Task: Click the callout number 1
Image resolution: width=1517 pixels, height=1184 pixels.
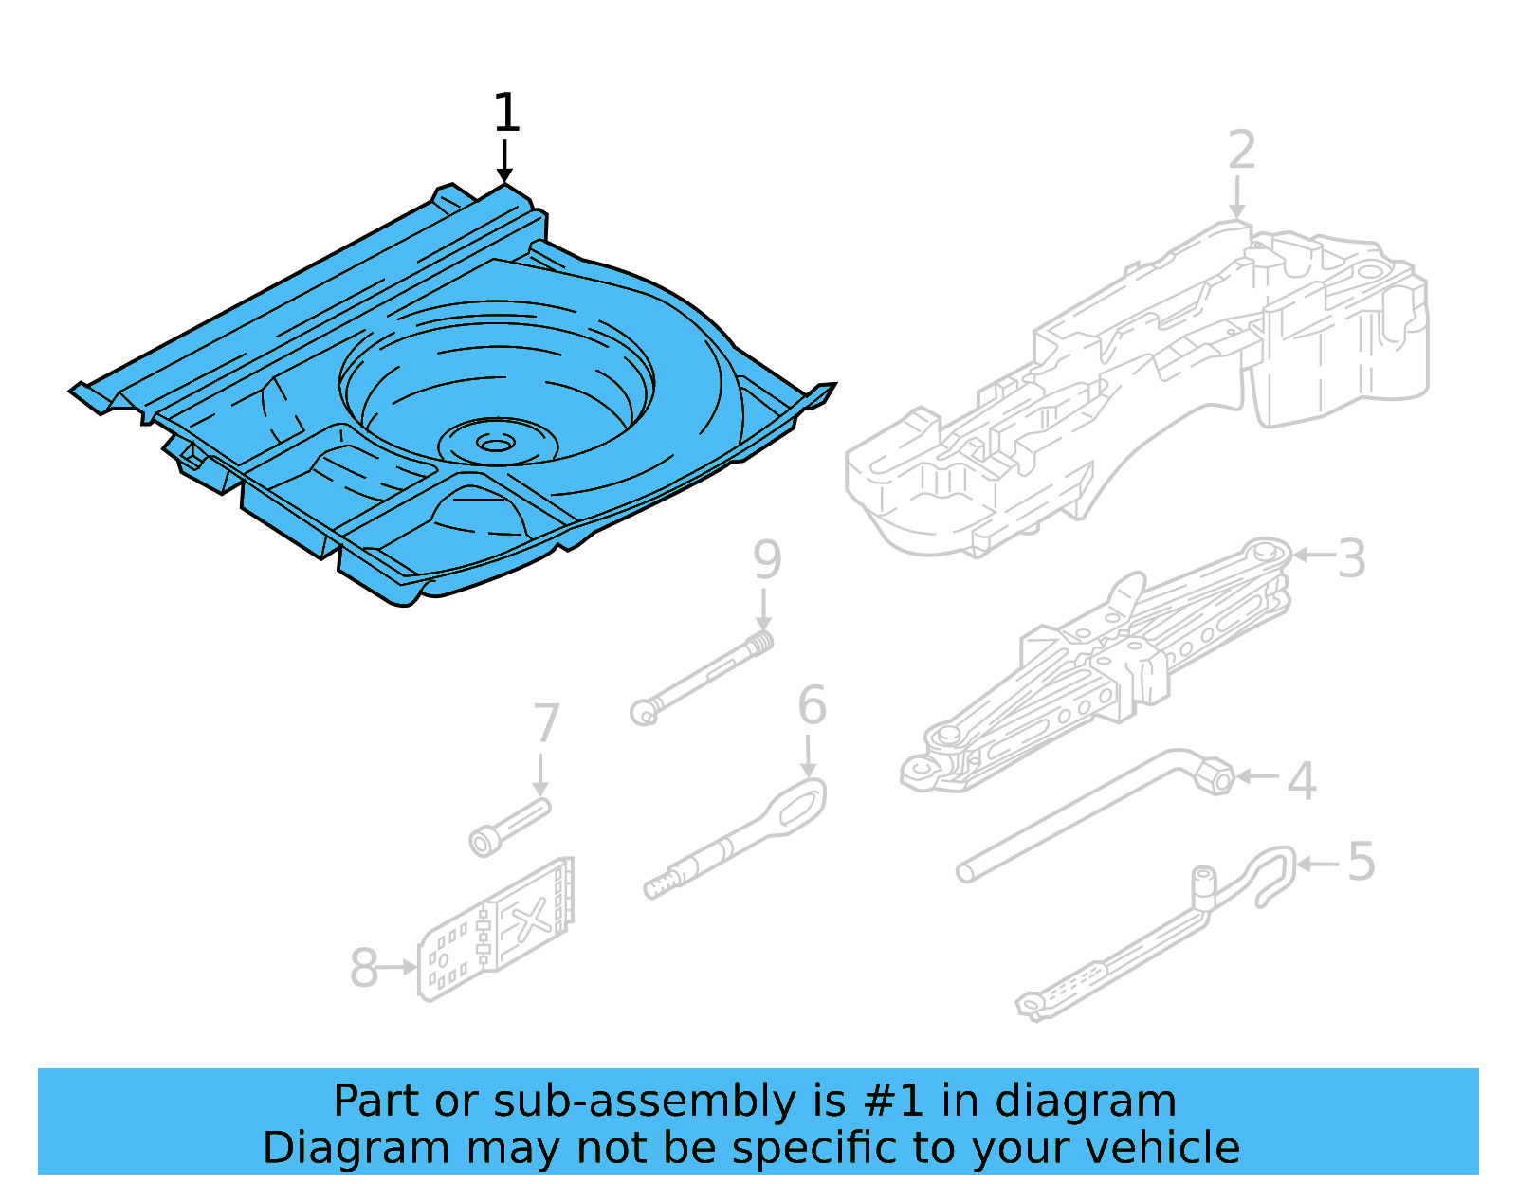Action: pos(506,113)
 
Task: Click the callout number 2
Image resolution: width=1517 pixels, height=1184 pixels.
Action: pos(1241,151)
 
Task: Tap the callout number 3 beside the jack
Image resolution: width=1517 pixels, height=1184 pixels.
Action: pos(1352,558)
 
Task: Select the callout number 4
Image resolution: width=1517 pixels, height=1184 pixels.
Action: pos(1302,782)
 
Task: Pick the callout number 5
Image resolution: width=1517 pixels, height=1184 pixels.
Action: pos(1361,863)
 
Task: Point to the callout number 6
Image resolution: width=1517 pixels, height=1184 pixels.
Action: pos(812,706)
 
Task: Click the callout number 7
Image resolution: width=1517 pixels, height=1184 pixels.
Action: pos(546,724)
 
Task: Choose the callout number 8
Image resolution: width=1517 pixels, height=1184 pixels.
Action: pos(364,969)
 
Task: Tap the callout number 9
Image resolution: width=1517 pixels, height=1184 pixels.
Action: pos(767,560)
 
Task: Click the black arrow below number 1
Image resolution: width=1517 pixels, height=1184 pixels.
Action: pos(505,160)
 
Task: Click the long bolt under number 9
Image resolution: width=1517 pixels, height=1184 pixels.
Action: pos(702,677)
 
